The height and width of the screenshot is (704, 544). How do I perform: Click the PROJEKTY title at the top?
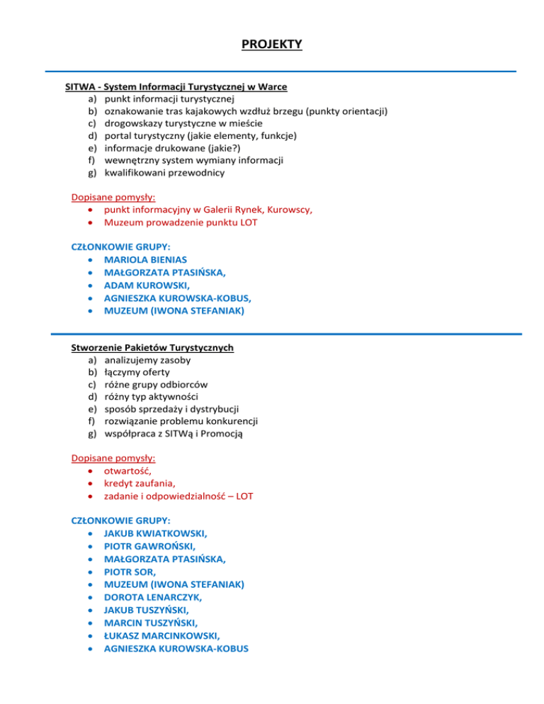tap(271, 45)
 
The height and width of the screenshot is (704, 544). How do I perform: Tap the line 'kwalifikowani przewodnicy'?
tap(164, 172)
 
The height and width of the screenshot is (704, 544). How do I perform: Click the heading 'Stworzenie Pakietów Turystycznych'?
tap(152, 348)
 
